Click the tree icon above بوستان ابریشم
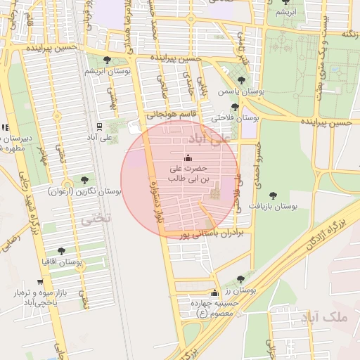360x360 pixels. (107, 60)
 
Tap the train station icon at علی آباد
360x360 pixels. (99, 127)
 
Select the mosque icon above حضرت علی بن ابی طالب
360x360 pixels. (187, 157)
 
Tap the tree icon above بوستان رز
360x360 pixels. (240, 279)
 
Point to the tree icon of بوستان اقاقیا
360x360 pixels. (61, 250)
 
